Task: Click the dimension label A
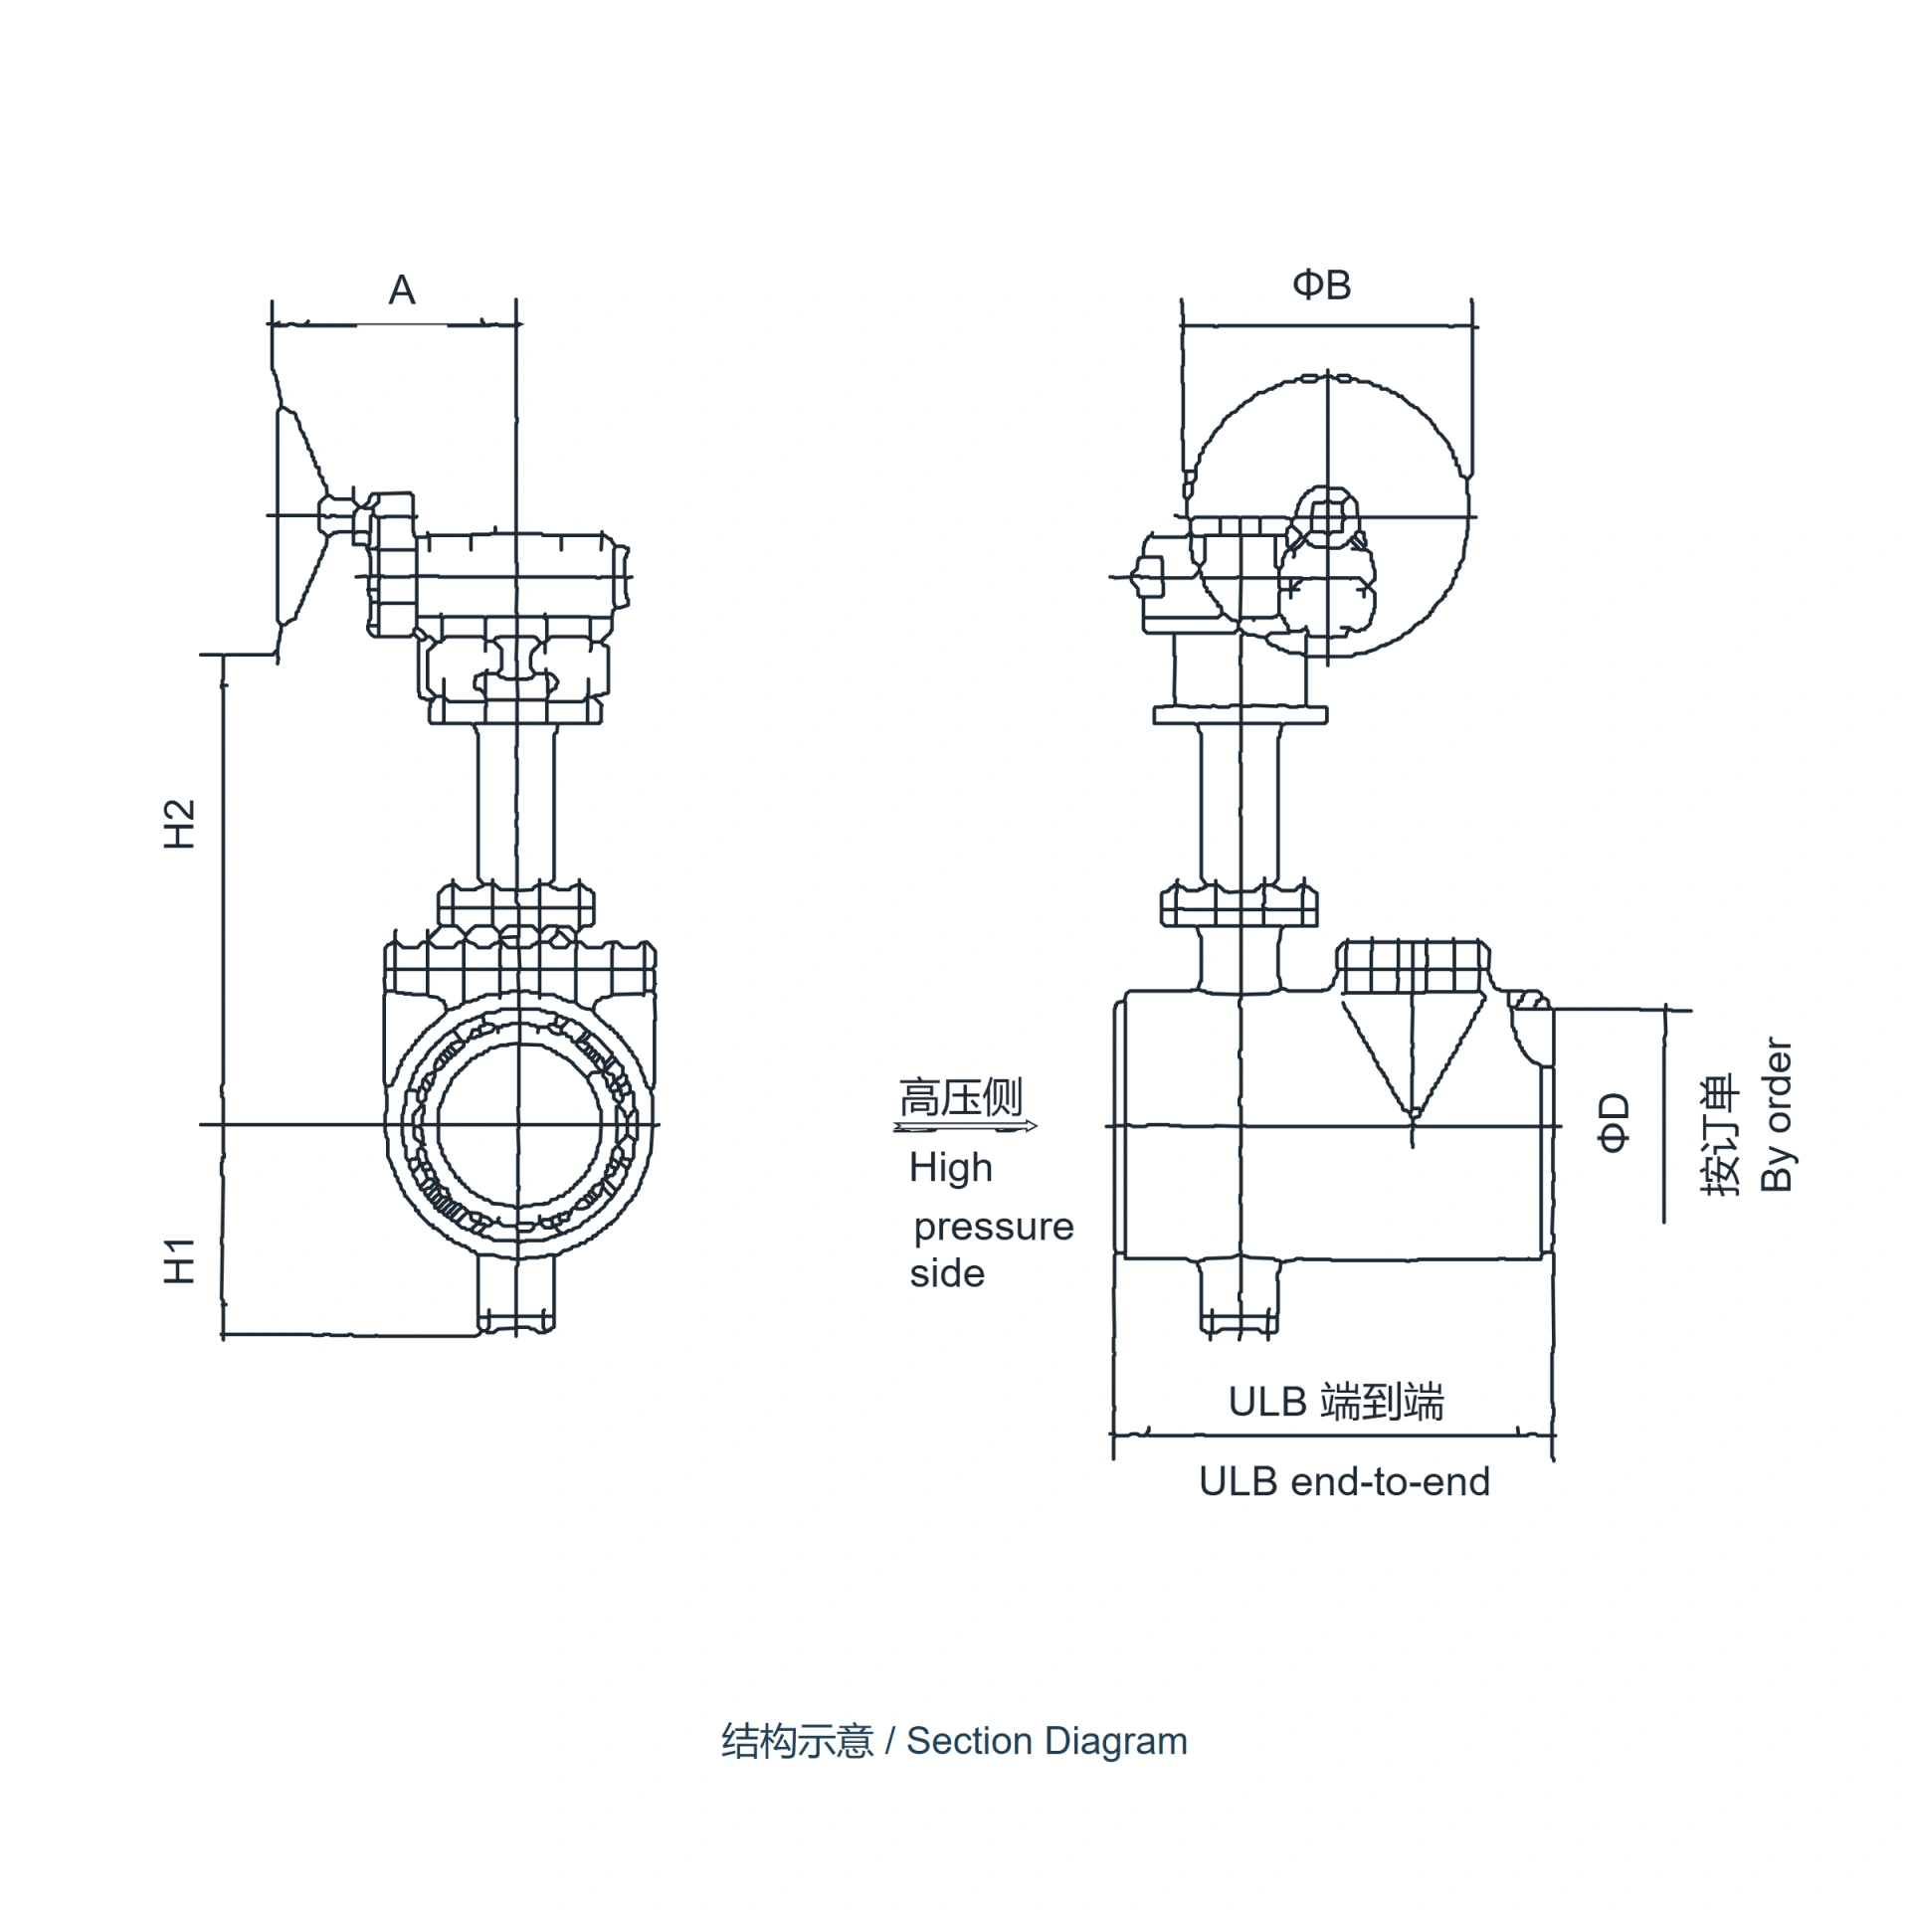coord(401,290)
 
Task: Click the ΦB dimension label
coord(1321,286)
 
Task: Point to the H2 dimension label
coord(179,824)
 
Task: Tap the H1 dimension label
coord(179,1260)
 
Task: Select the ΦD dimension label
coord(1614,1122)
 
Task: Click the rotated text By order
coord(1777,1114)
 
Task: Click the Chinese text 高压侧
coord(961,1098)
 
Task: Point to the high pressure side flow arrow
coord(965,1127)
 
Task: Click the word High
coord(951,1168)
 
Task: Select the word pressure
coord(994,1228)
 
